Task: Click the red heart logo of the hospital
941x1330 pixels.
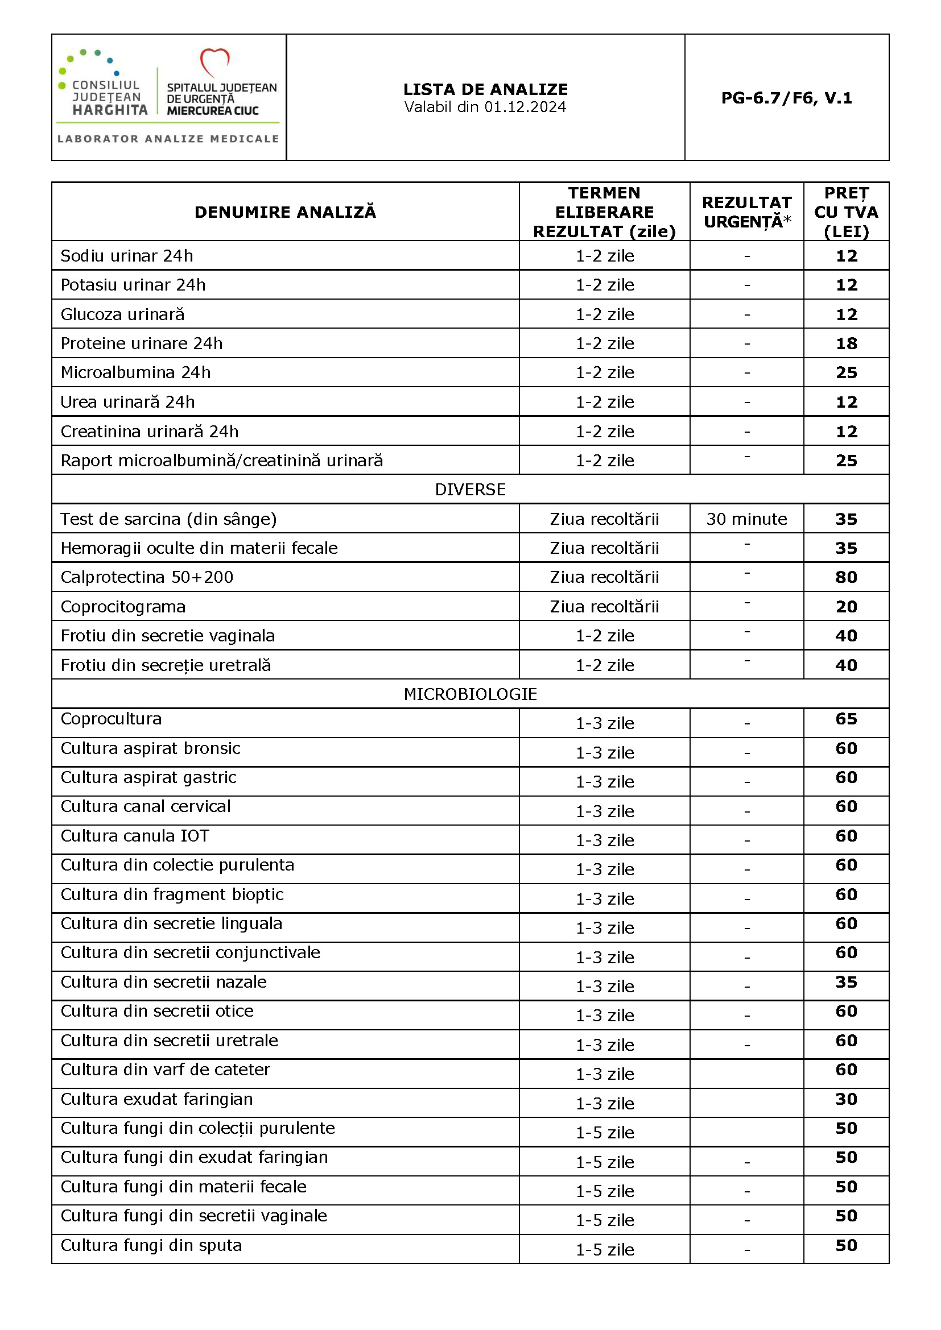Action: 214,61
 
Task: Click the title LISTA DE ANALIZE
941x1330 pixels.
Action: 485,89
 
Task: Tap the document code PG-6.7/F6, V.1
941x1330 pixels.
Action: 786,98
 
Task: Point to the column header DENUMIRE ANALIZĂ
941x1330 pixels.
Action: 285,212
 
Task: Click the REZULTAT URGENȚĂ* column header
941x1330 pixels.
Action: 746,212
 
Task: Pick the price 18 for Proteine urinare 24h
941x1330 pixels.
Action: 846,343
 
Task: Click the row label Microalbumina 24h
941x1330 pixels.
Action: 135,372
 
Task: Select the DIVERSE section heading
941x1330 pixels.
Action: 470,490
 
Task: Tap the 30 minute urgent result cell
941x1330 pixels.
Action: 746,519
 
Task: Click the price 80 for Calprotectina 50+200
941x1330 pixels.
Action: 846,577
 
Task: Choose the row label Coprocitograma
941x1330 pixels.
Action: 123,607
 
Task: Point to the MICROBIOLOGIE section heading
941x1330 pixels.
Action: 470,694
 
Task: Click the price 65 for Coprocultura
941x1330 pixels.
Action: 846,719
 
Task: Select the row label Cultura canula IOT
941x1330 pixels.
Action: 134,836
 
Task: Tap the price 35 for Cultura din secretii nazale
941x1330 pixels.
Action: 846,982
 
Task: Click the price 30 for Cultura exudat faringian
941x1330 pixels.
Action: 846,1099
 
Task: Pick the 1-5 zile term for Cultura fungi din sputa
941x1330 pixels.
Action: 604,1250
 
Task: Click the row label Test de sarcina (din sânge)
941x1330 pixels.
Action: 168,519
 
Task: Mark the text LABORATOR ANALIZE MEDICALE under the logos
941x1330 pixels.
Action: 168,139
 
